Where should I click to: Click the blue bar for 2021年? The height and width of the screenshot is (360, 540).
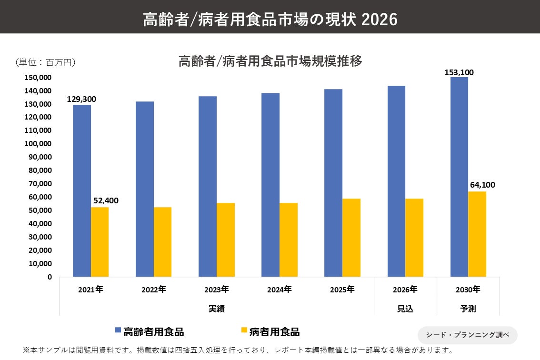(x=82, y=190)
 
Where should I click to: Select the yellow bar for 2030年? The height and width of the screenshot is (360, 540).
(x=477, y=234)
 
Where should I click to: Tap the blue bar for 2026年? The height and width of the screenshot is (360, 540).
(x=396, y=181)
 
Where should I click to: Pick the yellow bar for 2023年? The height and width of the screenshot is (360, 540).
(x=226, y=240)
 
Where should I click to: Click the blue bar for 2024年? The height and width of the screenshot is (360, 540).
(x=270, y=185)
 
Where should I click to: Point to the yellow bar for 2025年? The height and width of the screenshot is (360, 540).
(x=351, y=238)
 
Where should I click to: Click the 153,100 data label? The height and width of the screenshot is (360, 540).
(x=459, y=72)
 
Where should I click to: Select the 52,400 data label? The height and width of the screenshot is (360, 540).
(x=106, y=200)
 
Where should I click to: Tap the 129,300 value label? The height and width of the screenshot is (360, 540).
(x=81, y=99)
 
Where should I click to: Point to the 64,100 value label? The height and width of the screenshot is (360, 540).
(x=482, y=185)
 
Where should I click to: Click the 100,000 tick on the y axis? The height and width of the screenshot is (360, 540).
(x=38, y=144)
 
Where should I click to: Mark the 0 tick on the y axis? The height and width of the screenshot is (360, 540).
(x=50, y=277)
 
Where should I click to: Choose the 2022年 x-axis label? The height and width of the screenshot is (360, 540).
(x=154, y=290)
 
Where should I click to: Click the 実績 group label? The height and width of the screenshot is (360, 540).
(x=217, y=309)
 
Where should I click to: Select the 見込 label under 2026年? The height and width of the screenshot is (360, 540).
(x=405, y=309)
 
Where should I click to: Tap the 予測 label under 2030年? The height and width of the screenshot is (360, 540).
(x=468, y=309)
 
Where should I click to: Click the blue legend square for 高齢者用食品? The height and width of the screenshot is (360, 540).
(x=118, y=330)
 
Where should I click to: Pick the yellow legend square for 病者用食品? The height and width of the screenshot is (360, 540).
(x=244, y=330)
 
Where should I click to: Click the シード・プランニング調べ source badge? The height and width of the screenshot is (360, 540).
(x=467, y=335)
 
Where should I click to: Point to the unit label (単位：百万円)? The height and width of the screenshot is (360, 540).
(x=45, y=62)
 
